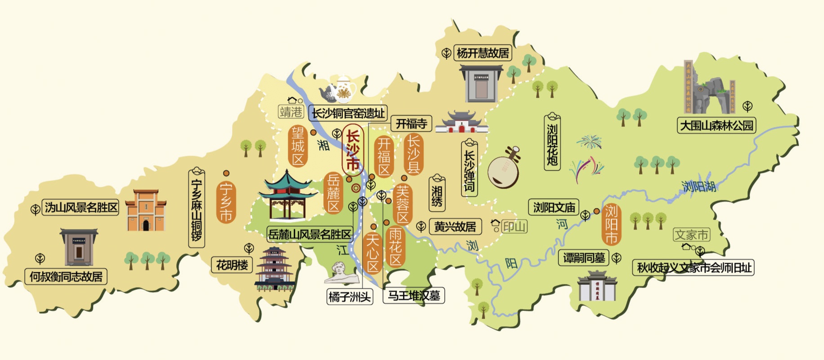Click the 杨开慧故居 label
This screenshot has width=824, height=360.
click(483, 53)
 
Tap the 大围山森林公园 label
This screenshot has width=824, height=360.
click(716, 125)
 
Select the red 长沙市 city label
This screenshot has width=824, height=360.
click(353, 151)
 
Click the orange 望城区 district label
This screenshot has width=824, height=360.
click(298, 146)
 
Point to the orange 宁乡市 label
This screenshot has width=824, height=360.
click(226, 202)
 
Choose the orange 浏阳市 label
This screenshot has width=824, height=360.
click(611, 225)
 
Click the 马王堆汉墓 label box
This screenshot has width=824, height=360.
click(413, 296)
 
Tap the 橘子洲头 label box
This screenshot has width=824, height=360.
click(350, 297)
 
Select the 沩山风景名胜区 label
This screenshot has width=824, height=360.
click(81, 207)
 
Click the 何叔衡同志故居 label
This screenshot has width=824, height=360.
click(66, 276)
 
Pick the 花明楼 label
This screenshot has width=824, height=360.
click(232, 265)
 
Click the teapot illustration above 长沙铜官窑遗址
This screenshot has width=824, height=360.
click(338, 90)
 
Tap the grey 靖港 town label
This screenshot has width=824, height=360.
click(291, 112)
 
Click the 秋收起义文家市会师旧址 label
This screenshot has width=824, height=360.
click(693, 268)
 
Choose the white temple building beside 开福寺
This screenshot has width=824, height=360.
click(461, 122)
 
